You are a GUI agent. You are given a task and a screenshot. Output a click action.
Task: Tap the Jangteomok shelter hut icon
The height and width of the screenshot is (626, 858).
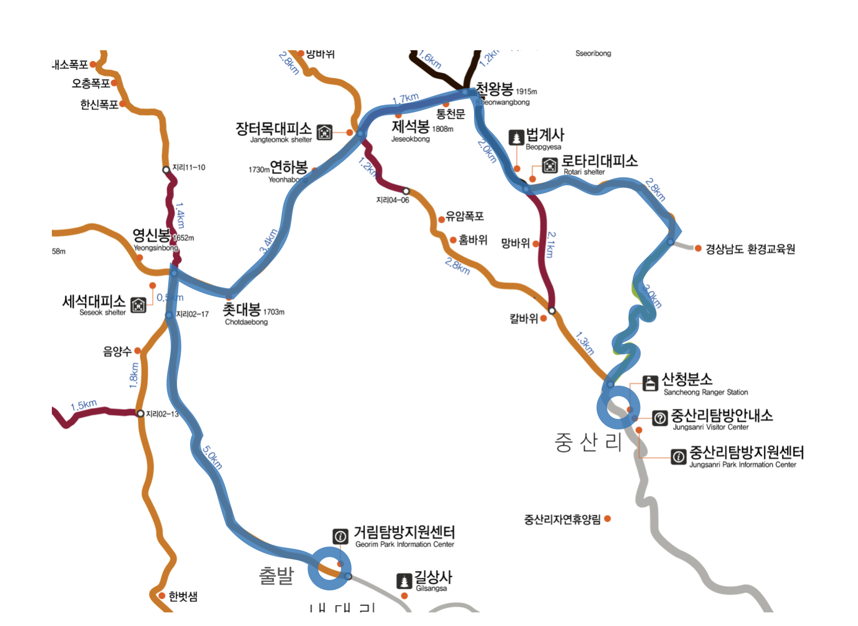pyautogui.click(x=325, y=132)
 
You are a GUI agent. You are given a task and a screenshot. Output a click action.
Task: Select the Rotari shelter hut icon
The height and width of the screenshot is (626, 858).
pyautogui.click(x=549, y=165)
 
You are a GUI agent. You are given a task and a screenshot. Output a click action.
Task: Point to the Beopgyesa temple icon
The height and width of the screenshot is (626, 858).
pyautogui.click(x=516, y=137)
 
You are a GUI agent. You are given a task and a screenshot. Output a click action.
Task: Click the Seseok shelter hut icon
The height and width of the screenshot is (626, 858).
pyautogui.click(x=138, y=304)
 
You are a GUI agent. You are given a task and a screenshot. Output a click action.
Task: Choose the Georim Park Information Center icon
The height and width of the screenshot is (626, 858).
pyautogui.click(x=340, y=536)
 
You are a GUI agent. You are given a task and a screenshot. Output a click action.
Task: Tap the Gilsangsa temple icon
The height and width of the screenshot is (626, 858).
pyautogui.click(x=404, y=580)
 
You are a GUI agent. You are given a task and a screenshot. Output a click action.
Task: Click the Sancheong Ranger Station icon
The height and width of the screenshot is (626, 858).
pyautogui.click(x=650, y=383)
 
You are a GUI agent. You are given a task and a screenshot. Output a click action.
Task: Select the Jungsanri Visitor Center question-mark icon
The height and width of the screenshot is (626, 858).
pyautogui.click(x=660, y=418)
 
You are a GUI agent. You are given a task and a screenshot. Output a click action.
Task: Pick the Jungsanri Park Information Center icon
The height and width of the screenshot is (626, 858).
pyautogui.click(x=678, y=456)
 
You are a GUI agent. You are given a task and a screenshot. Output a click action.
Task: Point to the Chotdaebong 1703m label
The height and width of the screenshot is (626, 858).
pyautogui.click(x=242, y=310)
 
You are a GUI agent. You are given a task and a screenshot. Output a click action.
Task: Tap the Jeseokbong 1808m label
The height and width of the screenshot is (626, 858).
pyautogui.click(x=411, y=127)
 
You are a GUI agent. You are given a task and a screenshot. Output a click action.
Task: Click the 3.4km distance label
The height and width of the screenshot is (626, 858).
pyautogui.click(x=268, y=241)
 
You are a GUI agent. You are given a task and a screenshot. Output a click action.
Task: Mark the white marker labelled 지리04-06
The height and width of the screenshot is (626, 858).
pyautogui.click(x=406, y=191)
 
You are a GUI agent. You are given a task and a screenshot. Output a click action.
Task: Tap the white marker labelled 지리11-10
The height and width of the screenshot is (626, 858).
pyautogui.click(x=166, y=170)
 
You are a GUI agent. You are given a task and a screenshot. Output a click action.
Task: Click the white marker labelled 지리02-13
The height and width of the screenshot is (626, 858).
pyautogui.click(x=140, y=413)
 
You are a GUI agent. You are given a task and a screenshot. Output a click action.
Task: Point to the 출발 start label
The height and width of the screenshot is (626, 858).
pyautogui.click(x=276, y=576)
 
